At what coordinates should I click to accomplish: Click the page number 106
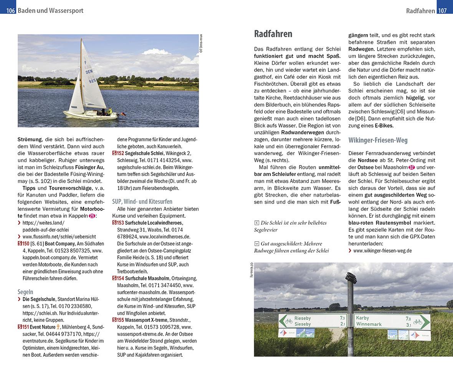coord(10,11)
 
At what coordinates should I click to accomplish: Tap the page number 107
coord(443,11)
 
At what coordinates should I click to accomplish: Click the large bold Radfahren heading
coord(273,34)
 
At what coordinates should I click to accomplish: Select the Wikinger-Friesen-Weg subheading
coord(378,140)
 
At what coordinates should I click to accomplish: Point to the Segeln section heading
coord(25,291)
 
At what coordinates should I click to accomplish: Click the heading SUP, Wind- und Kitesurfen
coord(142,201)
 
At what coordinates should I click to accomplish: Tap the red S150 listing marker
coord(23,243)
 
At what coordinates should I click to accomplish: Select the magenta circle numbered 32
coord(412,167)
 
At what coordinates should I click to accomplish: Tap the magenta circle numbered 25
coord(91,216)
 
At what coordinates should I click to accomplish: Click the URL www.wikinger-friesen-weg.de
coord(382,250)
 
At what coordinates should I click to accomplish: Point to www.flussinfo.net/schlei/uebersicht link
coord(59,237)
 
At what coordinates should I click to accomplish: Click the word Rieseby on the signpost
coord(303,318)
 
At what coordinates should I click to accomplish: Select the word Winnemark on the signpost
coord(369,324)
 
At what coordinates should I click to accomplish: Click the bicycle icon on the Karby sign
coord(418,321)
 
